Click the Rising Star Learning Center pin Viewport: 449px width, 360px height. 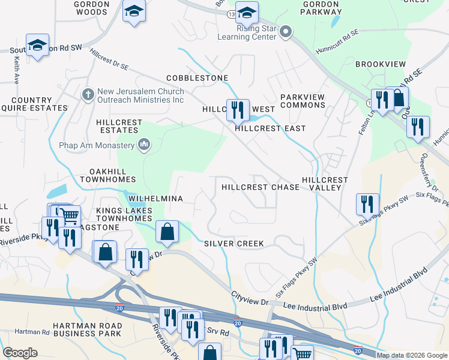[286, 31]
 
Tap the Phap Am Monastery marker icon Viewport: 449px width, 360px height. [144, 144]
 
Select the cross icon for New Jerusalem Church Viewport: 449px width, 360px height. [88, 94]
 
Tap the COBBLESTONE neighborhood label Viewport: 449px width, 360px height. [197, 78]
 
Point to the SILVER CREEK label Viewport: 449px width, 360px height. [234, 243]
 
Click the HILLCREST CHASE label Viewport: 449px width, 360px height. [260, 187]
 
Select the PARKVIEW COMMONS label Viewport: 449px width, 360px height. [303, 101]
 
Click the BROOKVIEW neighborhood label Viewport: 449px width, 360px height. [381, 64]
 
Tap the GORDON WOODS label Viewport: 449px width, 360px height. [92, 7]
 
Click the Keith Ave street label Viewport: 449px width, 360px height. [16, 70]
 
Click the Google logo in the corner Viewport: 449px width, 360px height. [20, 353]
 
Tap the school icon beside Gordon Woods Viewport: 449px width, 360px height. [134, 11]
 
